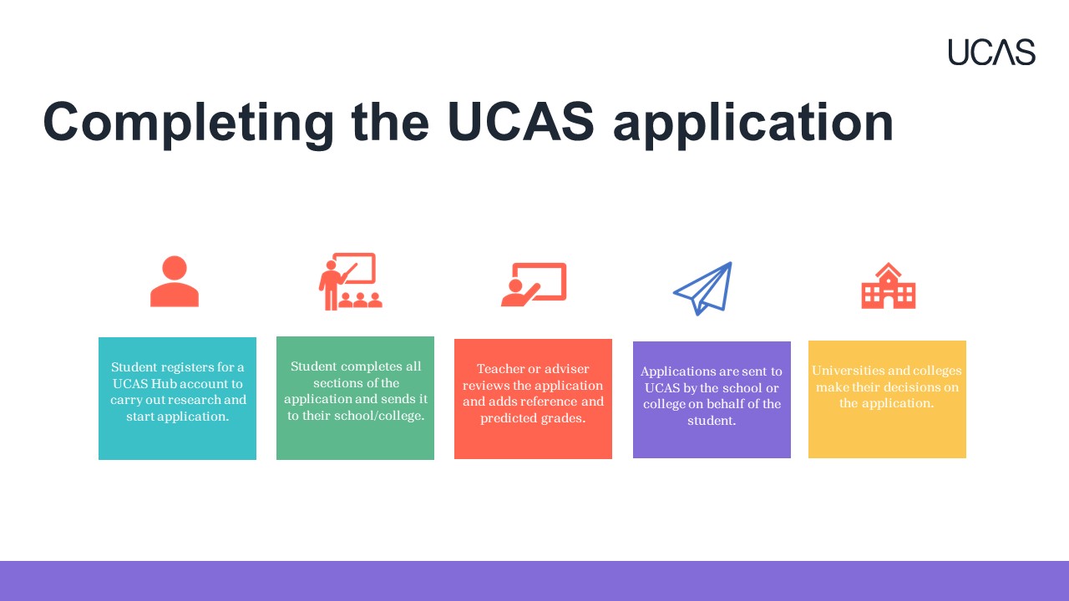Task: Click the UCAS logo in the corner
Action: pos(991,52)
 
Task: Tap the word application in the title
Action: pos(753,123)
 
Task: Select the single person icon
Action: pos(175,281)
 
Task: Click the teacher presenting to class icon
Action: pos(351,281)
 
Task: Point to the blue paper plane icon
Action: pos(703,288)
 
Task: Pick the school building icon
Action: pos(888,285)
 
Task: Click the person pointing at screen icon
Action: pos(534,285)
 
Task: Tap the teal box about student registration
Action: pos(177,399)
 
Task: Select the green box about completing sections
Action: pos(355,398)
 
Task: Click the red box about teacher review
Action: pos(533,399)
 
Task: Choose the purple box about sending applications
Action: pos(712,400)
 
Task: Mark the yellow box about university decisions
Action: pos(887,399)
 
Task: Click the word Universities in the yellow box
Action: pos(844,370)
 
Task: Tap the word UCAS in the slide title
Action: pos(520,122)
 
